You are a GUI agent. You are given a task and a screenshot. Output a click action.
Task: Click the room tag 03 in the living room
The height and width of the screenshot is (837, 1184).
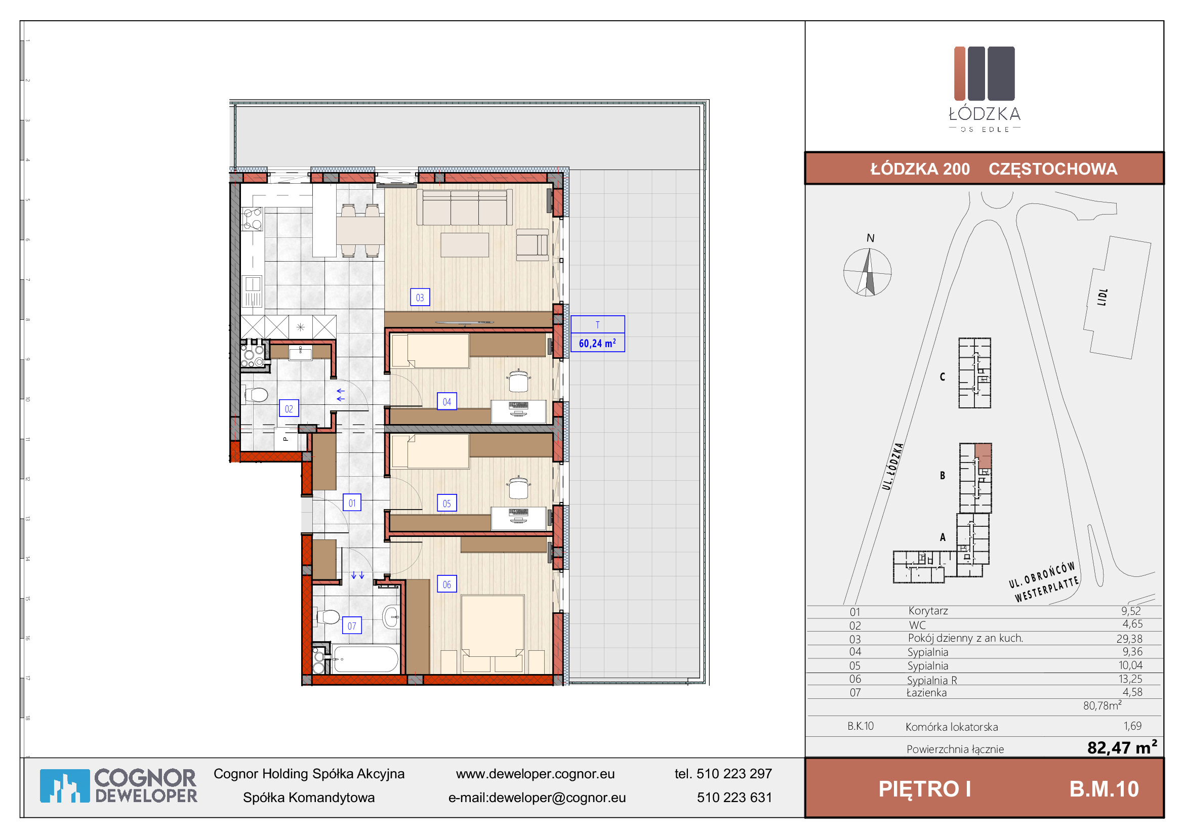click(420, 298)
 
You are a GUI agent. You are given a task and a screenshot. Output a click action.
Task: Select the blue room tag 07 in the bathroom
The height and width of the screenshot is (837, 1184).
click(352, 625)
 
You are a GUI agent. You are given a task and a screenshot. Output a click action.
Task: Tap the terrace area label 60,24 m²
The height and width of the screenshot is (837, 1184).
click(597, 343)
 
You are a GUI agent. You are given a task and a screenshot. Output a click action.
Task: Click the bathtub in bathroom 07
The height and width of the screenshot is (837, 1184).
click(365, 659)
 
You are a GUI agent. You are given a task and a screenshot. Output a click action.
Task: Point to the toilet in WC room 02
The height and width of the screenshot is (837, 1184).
click(256, 395)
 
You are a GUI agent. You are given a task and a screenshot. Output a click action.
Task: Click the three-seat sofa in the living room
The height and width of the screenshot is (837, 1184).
click(465, 207)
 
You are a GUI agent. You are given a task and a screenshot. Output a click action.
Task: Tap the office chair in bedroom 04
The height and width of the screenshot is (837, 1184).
click(518, 381)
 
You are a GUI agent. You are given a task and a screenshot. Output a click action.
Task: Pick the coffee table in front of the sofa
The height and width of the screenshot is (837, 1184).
click(465, 245)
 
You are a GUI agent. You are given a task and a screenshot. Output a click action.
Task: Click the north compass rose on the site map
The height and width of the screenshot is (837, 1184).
click(868, 272)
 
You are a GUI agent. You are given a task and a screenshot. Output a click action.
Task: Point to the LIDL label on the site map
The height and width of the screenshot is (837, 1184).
click(1102, 298)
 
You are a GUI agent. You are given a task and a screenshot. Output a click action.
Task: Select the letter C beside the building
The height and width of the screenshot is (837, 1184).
click(942, 377)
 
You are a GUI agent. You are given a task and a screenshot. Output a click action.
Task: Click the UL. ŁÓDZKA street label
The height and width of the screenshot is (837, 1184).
click(892, 466)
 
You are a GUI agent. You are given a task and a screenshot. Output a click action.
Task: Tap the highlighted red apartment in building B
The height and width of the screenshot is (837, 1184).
click(984, 455)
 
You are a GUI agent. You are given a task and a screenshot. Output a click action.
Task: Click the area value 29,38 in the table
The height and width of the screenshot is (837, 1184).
click(1129, 639)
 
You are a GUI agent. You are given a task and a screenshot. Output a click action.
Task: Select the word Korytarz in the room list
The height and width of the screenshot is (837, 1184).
click(928, 611)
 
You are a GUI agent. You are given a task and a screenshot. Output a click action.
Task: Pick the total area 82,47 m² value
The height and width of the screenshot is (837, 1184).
click(1122, 747)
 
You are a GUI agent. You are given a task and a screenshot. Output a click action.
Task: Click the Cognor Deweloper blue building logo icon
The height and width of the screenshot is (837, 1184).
click(65, 786)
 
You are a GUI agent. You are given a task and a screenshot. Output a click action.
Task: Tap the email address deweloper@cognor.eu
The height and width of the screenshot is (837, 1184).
click(557, 798)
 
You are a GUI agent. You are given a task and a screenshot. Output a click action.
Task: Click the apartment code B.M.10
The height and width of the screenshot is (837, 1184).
click(1104, 789)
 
